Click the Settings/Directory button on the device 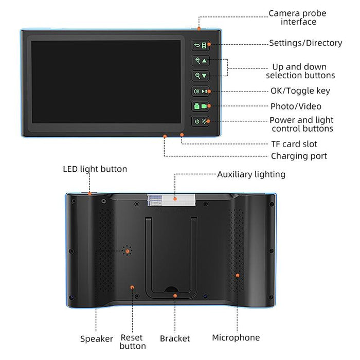coord(201,45)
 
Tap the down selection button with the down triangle coord(201,76)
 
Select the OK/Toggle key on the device coord(201,91)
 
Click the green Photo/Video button coord(201,106)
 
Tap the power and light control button coord(201,121)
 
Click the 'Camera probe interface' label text coord(297,17)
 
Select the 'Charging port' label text coord(299,156)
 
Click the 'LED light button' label coord(95,169)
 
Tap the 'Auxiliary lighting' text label coord(251,174)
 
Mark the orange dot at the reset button coord(133,287)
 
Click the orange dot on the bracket coord(175,296)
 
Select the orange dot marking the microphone coord(237,276)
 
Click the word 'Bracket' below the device coord(175,338)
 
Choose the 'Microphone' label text coord(236,338)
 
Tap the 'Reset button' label coord(133,341)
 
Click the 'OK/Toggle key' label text coord(300,91)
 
